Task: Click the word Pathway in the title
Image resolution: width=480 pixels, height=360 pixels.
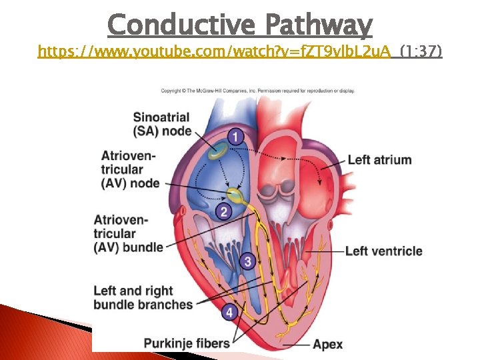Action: click(x=318, y=25)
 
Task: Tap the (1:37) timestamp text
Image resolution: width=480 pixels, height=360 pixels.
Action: click(x=421, y=51)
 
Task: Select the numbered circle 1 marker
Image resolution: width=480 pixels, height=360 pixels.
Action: click(x=235, y=137)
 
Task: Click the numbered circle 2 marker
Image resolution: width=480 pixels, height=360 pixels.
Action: click(x=224, y=212)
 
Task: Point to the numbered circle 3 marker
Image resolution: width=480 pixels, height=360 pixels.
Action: click(x=248, y=261)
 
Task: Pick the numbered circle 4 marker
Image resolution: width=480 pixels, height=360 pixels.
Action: click(x=229, y=312)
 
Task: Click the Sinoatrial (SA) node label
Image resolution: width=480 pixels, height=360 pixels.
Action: click(x=162, y=124)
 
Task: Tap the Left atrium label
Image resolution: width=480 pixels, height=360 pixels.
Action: click(x=379, y=160)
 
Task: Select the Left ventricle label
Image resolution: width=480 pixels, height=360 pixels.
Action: click(x=383, y=251)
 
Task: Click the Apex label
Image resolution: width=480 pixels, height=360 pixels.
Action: click(x=327, y=344)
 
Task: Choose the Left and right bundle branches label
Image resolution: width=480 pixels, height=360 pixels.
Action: click(x=143, y=297)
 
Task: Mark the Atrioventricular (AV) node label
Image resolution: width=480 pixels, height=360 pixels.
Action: click(x=131, y=169)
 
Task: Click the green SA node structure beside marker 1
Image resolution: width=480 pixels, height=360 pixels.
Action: click(x=216, y=151)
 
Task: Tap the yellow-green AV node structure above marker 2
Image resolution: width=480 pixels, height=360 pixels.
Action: click(x=235, y=195)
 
